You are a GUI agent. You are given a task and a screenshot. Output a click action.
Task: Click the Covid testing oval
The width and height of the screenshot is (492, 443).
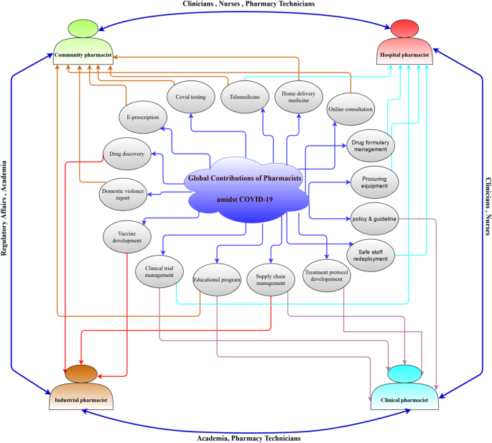pyautogui.click(x=190, y=95)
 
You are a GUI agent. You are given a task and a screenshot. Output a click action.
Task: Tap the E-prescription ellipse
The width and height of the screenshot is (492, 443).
pyautogui.click(x=143, y=118)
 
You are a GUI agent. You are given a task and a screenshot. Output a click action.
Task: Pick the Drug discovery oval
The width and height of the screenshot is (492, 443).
pyautogui.click(x=127, y=154)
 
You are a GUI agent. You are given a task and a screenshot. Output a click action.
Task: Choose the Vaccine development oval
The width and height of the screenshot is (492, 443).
pyautogui.click(x=128, y=237)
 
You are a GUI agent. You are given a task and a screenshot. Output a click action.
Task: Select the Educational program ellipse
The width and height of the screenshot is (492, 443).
pyautogui.click(x=216, y=279)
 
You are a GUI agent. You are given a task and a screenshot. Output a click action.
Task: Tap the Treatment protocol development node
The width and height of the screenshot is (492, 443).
pyautogui.click(x=327, y=276)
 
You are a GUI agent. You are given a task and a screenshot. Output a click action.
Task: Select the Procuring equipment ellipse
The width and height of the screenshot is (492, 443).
pyautogui.click(x=374, y=182)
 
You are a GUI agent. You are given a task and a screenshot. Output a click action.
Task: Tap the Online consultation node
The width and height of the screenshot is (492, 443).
pyautogui.click(x=351, y=110)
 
